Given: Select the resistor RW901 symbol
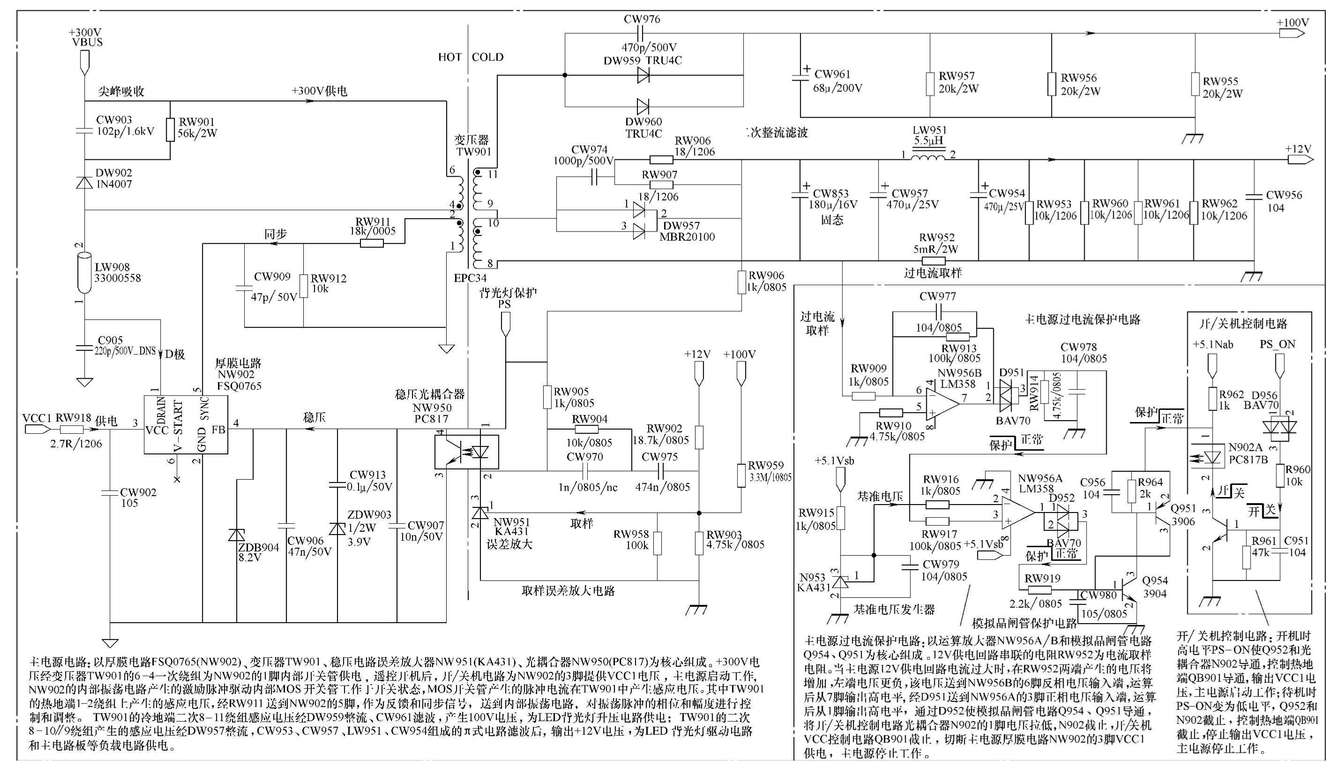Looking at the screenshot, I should click(170, 129).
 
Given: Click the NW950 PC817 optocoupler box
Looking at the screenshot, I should click(467, 452).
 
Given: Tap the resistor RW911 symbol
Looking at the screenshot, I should click(372, 243).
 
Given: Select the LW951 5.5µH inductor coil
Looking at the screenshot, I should click(929, 157).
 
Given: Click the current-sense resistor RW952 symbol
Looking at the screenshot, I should click(933, 261).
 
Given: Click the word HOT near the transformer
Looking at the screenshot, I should click(449, 57).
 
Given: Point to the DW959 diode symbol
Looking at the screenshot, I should click(643, 75).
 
